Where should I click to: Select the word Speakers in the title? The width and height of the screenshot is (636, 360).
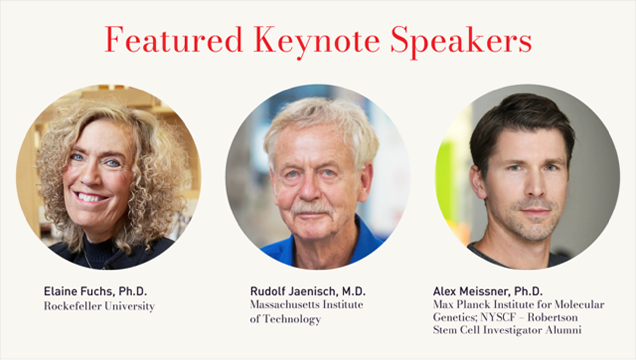tap(461, 41)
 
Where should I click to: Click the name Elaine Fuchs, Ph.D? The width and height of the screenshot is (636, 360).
tap(95, 291)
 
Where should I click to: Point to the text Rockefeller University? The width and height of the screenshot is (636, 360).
tap(99, 306)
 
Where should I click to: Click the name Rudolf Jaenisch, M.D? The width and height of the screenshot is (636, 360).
tap(308, 291)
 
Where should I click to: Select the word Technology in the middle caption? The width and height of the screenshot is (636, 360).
tap(292, 319)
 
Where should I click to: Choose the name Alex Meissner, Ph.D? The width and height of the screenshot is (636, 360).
tap(488, 291)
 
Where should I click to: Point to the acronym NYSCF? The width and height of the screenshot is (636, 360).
tap(498, 317)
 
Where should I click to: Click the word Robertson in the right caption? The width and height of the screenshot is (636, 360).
tap(553, 317)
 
